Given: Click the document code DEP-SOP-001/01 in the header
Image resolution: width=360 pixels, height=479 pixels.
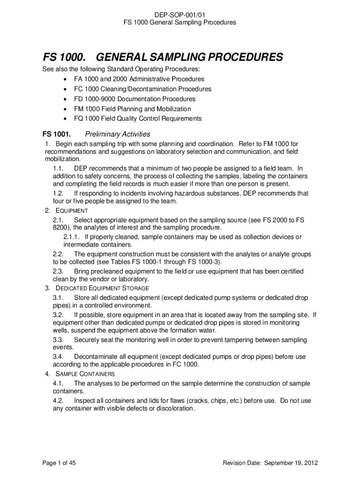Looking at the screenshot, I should coord(180,15).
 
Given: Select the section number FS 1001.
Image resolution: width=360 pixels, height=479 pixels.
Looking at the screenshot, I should coord(57,134).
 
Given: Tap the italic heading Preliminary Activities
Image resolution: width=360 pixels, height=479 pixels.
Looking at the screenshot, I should coord(117,134).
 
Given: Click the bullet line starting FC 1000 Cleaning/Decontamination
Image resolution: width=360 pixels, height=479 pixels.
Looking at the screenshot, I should coord(142,89).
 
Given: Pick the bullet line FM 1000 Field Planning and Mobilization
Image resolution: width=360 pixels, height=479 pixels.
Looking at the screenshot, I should coord(132,109).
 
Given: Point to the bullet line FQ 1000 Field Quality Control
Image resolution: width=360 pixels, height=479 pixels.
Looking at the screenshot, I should coord(137,118).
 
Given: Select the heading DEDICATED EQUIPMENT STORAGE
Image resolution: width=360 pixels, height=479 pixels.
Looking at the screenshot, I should coord(102,288).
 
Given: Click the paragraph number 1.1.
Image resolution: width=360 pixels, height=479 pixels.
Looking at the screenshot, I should coord(58,168).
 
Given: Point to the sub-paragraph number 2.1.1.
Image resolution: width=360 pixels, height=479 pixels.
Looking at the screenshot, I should coord(72,237).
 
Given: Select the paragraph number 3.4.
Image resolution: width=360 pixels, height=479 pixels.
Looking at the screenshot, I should coord(58,356).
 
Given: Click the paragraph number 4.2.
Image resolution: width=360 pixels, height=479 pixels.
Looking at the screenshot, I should coord(58,401).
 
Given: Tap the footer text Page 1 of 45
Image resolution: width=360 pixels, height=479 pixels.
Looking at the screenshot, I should coord(59,463).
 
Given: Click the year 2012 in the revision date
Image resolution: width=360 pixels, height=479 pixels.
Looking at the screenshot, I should coord(310,463).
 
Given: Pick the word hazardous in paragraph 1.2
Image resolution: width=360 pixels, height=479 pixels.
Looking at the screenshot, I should coord(178,193).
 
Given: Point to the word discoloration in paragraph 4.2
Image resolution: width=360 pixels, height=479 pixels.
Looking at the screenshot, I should coord(175,408).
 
